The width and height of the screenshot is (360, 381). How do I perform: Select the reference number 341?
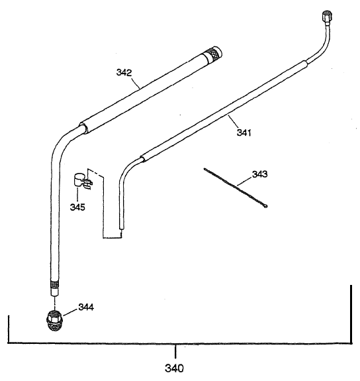tap(246, 132)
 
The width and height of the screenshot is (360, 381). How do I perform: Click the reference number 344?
tap(86, 306)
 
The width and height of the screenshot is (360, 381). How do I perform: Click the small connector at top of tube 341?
tap(326, 15)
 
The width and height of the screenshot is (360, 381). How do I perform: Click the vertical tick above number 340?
tap(175, 351)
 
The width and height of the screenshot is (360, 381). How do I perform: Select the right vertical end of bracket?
tap(350, 315)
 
